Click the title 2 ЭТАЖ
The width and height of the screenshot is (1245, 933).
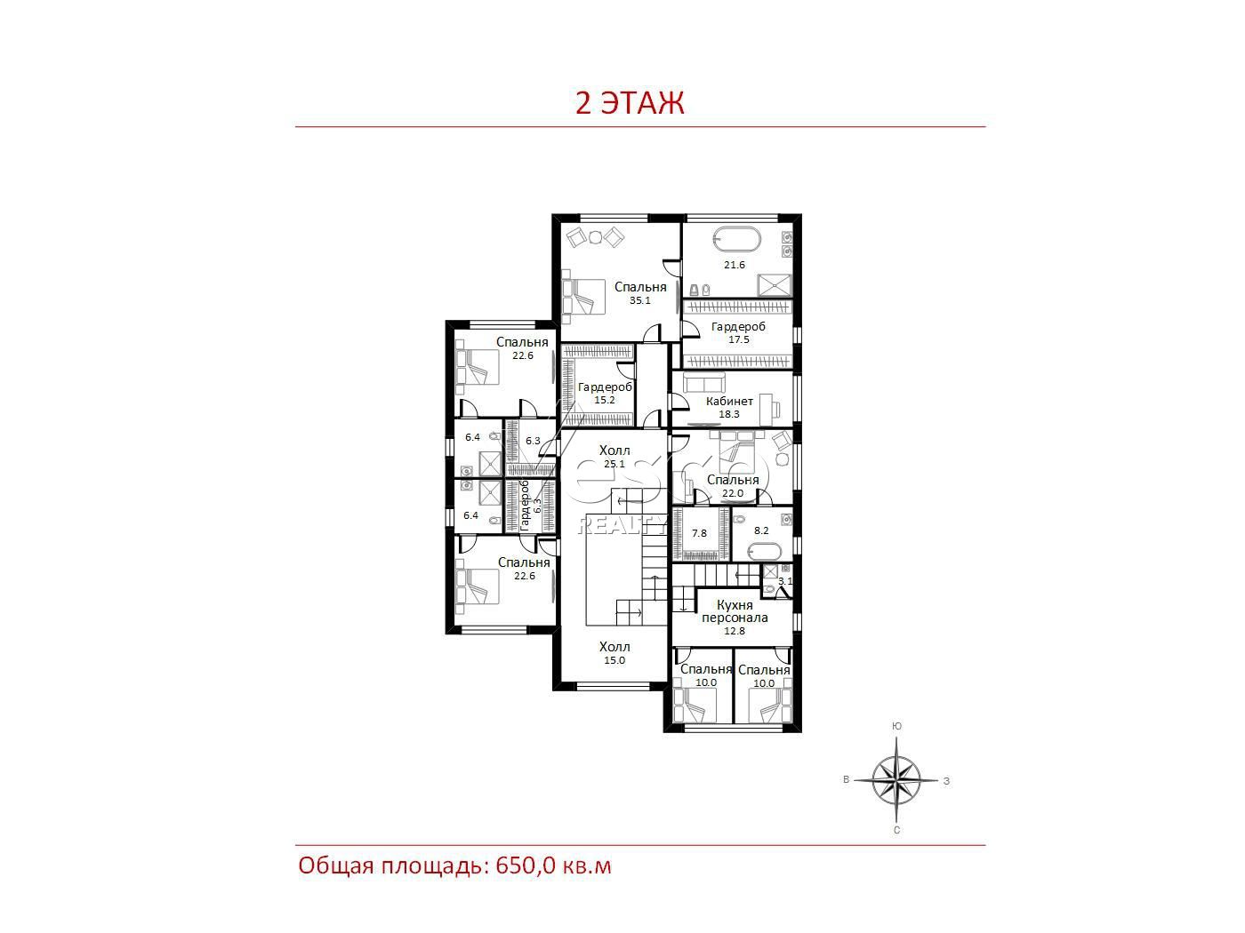[x=630, y=103]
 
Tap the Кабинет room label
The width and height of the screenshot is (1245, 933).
[x=729, y=401]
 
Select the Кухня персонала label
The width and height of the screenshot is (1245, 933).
[x=735, y=611]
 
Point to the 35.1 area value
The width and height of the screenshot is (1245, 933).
[x=639, y=300]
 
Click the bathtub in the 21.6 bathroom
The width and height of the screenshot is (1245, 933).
[x=736, y=240]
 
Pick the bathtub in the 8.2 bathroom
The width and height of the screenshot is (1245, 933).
[x=766, y=551]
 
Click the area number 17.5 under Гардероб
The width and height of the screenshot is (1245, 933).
[x=738, y=339]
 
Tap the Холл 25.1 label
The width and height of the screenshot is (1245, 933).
[x=614, y=457]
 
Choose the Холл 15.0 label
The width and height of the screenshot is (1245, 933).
[x=614, y=653]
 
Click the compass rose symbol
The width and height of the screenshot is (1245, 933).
[x=896, y=780]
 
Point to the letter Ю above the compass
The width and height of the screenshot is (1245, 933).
[x=896, y=726]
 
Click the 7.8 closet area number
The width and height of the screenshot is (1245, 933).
[x=699, y=533]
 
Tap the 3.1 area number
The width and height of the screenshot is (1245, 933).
[x=785, y=580]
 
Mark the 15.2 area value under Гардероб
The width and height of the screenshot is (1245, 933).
[x=605, y=400]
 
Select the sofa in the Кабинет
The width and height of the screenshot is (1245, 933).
[x=705, y=383]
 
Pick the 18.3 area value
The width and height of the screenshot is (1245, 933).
[x=729, y=414]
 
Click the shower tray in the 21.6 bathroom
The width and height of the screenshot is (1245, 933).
[x=775, y=285]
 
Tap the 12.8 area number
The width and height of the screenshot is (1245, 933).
[x=734, y=631]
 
